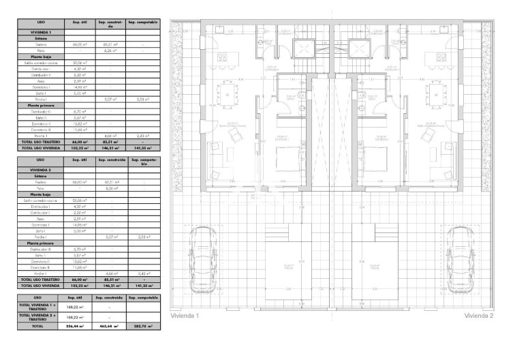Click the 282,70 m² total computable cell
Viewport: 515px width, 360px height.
pyautogui.click(x=143, y=327)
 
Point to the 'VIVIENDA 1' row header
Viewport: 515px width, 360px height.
pyautogui.click(x=40, y=32)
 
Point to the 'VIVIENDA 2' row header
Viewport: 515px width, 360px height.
pyautogui.click(x=40, y=168)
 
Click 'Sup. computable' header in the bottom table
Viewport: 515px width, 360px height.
pyautogui.click(x=143, y=298)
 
